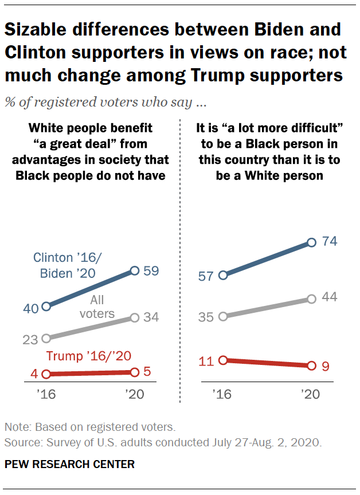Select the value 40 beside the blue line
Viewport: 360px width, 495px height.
pos(31,308)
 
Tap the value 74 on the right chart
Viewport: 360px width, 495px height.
pos(330,242)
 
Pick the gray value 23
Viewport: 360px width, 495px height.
pos(31,339)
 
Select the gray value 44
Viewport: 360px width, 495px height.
pos(330,297)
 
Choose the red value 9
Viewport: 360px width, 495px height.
pos(326,366)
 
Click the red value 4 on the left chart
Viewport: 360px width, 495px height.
pos(34,375)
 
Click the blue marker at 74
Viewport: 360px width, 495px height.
pos(311,242)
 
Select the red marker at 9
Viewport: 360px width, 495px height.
pos(311,366)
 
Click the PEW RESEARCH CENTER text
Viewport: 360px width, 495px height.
pos(69,465)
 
